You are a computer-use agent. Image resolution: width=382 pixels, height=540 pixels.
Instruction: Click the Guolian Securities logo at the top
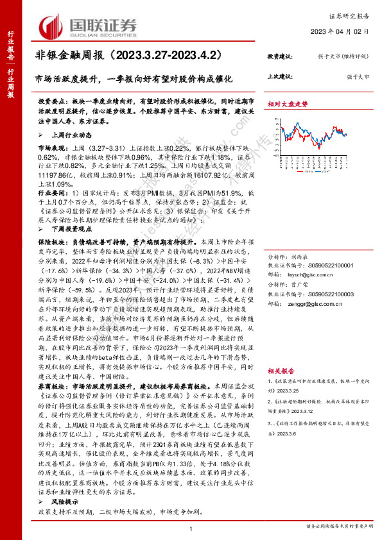pos(89,26)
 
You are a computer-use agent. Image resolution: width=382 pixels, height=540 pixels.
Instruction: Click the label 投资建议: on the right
pos(280,57)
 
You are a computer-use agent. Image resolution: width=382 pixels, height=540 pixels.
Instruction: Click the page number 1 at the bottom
pos(191,528)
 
